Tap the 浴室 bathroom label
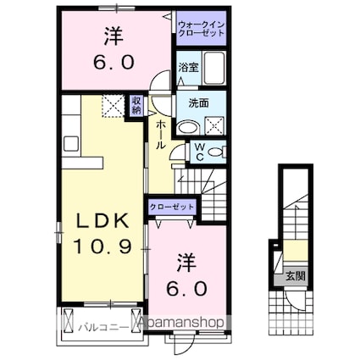tap(188, 66)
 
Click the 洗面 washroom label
tap(188, 102)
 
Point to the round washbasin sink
tap(191, 126)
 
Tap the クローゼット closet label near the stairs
tap(173, 207)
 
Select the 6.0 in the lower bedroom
tap(188, 287)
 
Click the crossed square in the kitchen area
tap(112, 106)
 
